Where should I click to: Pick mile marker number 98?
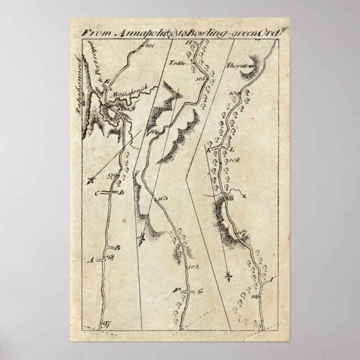[x=110, y=258]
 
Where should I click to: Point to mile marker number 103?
[x=163, y=200]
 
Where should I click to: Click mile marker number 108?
[x=234, y=160]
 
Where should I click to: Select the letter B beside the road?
[x=117, y=247]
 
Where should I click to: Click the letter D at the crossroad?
[x=121, y=193]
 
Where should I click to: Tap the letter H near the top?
[x=188, y=42]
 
